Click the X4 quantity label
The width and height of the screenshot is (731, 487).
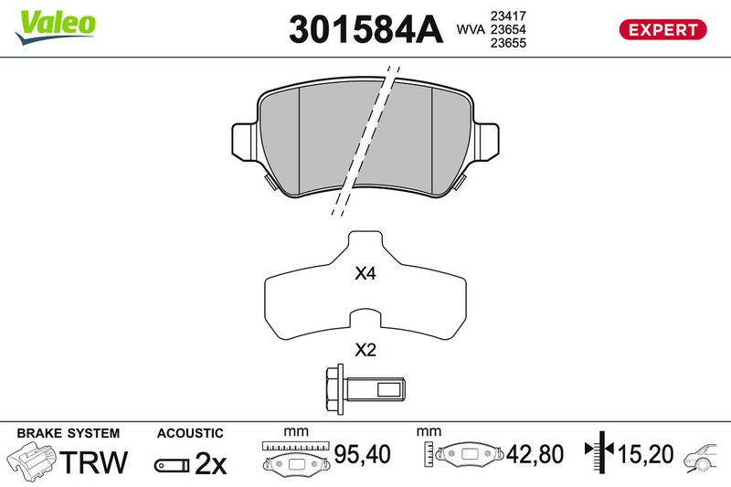pyautogui.click(x=365, y=273)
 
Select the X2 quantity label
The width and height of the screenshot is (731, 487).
pyautogui.click(x=365, y=349)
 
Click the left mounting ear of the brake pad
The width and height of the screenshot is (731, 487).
pyautogui.click(x=244, y=141)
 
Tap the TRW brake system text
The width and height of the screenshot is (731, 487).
pyautogui.click(x=94, y=462)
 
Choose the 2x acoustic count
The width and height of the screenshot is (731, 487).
pyautogui.click(x=210, y=463)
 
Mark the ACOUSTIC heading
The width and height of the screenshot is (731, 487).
pyautogui.click(x=190, y=433)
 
